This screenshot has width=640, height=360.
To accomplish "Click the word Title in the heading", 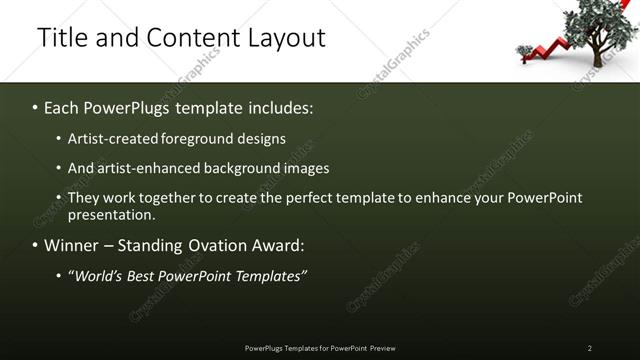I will click(x=60, y=38).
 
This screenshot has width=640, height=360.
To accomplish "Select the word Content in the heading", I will click(x=189, y=38).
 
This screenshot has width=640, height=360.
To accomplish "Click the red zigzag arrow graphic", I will click(x=548, y=48).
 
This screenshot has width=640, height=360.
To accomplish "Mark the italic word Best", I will click(x=141, y=275).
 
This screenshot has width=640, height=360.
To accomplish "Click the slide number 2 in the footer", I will click(x=590, y=347).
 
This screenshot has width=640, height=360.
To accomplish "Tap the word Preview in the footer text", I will click(x=382, y=347).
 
